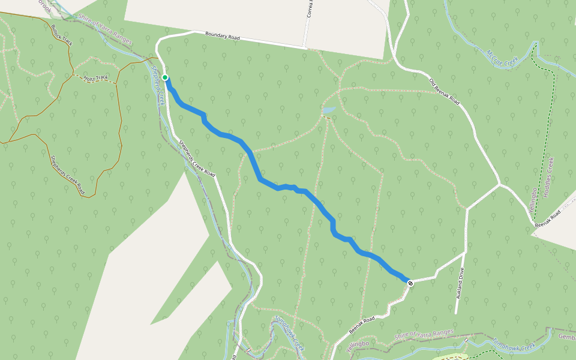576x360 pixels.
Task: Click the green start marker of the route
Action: (165, 77)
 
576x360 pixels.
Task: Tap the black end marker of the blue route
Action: (410, 283)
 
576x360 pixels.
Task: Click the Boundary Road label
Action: (222, 36)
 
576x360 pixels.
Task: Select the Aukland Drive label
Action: (460, 284)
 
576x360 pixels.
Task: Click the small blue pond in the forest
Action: (329, 111)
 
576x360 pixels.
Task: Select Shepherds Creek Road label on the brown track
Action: (67, 175)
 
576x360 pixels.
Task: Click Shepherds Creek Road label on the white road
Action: (197, 158)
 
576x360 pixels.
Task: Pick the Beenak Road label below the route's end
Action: (362, 325)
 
